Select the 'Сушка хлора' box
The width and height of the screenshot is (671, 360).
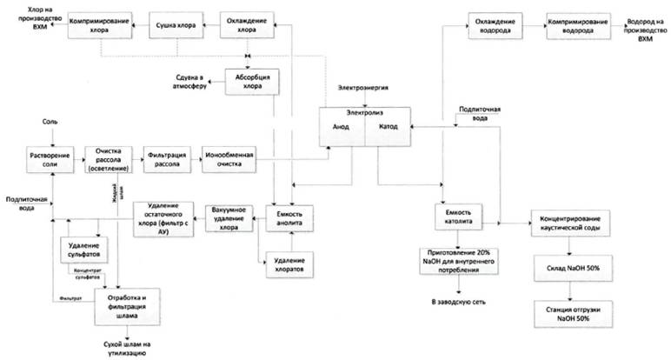(176, 23)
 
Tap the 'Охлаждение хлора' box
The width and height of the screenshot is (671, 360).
(248, 23)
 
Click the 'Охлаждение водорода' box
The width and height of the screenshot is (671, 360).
(494, 24)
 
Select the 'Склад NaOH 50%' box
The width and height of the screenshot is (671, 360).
(568, 270)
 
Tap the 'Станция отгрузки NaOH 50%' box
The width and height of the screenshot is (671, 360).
(568, 317)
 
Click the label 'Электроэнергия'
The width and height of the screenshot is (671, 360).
(361, 90)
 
